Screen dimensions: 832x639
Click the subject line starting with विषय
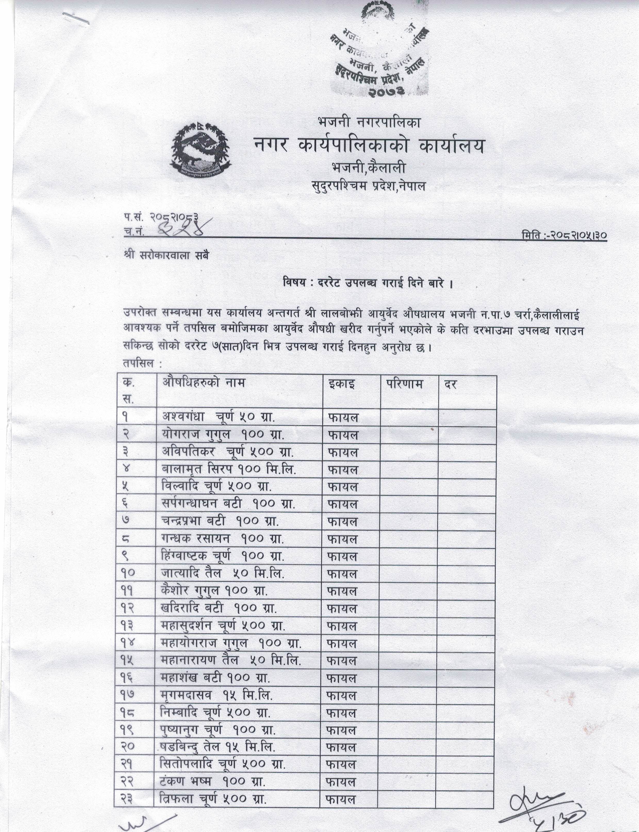pyautogui.click(x=368, y=283)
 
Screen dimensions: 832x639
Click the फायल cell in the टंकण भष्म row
pyautogui.click(x=341, y=782)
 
